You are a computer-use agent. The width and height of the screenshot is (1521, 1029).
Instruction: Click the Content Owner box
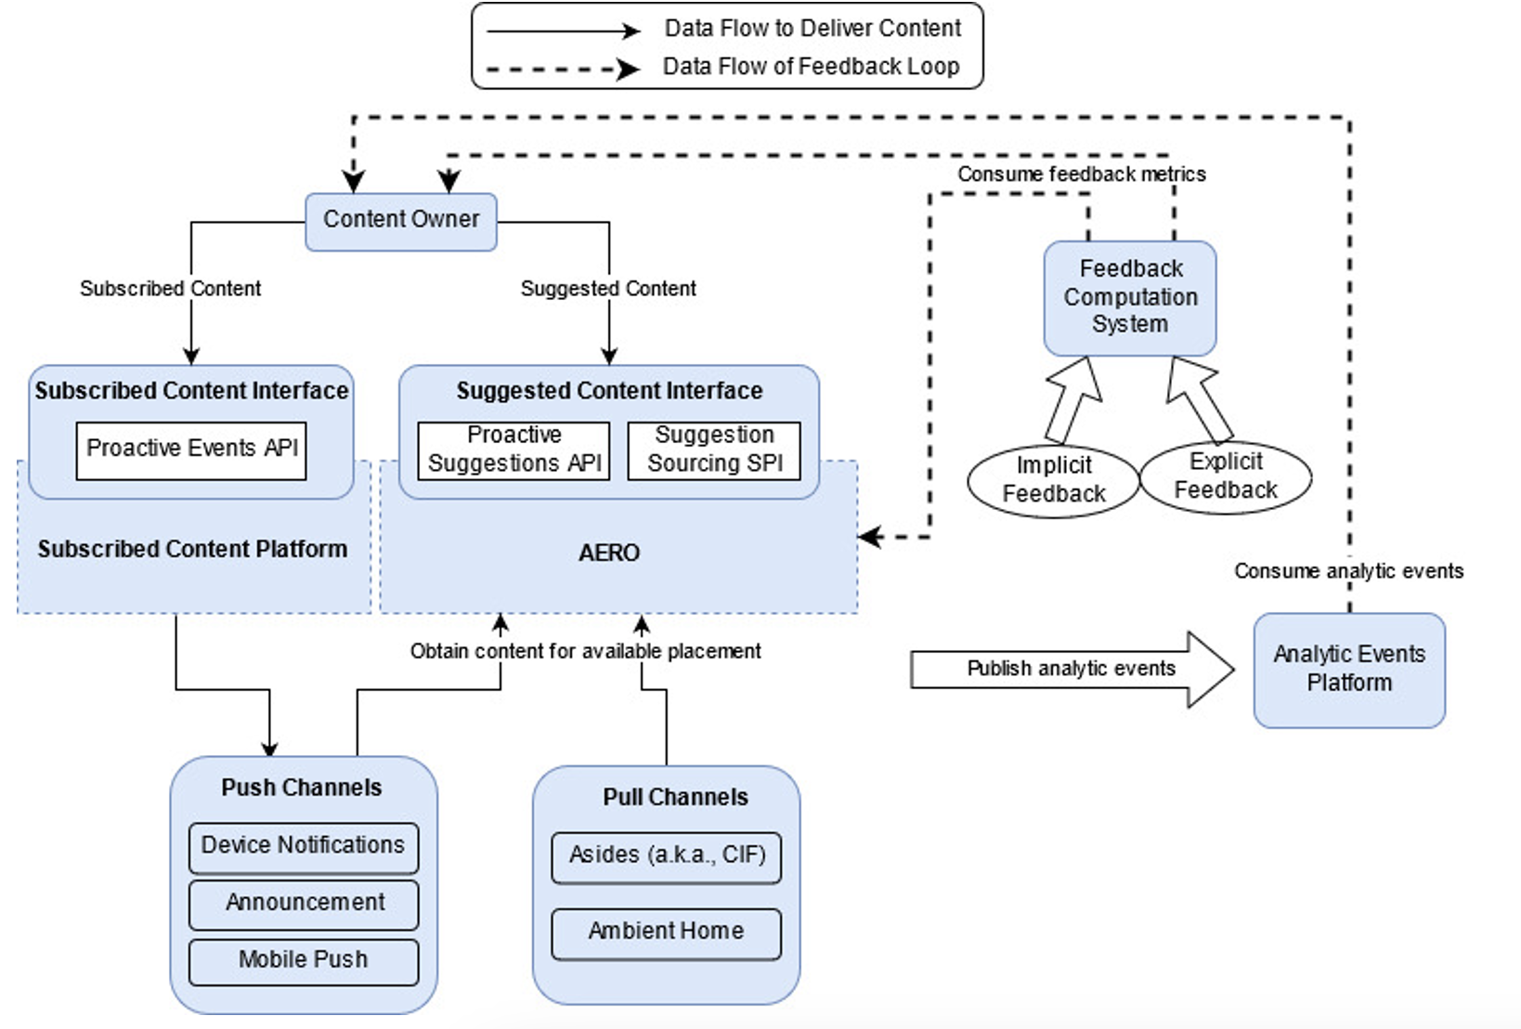point(401,221)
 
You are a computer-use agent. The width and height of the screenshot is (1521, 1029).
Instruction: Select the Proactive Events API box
point(191,450)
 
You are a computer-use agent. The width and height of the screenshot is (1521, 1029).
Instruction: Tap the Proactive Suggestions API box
point(513,450)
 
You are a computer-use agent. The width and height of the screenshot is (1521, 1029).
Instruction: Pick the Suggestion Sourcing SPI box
point(714,450)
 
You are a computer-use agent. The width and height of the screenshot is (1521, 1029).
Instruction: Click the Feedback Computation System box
point(1130,298)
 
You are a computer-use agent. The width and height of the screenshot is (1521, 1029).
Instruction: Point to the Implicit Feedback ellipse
point(1053,480)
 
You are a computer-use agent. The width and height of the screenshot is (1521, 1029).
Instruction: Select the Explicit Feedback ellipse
point(1226,476)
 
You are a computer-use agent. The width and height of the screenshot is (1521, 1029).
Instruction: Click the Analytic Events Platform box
point(1348,670)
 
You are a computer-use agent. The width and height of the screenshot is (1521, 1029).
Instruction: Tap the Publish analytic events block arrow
point(1071,670)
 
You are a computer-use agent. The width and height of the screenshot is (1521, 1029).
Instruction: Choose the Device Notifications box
point(304,847)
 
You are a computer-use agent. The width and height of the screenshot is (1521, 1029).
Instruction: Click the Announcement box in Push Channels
point(304,904)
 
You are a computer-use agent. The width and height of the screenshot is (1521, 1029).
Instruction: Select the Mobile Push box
point(304,961)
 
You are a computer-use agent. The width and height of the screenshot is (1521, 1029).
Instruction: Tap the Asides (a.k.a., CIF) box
point(666,856)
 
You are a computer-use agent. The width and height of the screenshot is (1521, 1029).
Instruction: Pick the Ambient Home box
point(666,932)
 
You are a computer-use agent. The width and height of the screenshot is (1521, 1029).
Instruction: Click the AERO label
point(609,554)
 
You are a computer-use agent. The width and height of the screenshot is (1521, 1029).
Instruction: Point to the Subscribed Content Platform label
point(192,550)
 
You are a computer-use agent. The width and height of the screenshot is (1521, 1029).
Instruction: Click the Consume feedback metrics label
point(1081,175)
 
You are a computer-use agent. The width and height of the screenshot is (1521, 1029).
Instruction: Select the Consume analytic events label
point(1348,571)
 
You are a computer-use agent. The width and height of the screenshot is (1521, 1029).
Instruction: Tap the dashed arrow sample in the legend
point(563,69)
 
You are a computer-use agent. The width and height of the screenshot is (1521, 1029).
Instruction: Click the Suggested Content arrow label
point(608,289)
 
